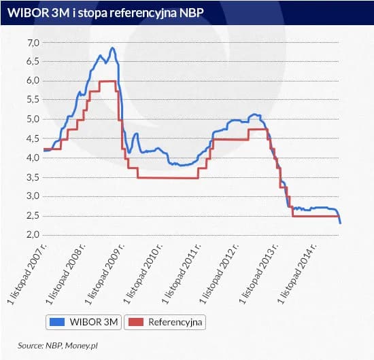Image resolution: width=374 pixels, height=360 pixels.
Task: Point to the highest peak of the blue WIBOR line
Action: point(112,48)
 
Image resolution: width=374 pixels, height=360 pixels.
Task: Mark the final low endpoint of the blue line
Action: point(340,222)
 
